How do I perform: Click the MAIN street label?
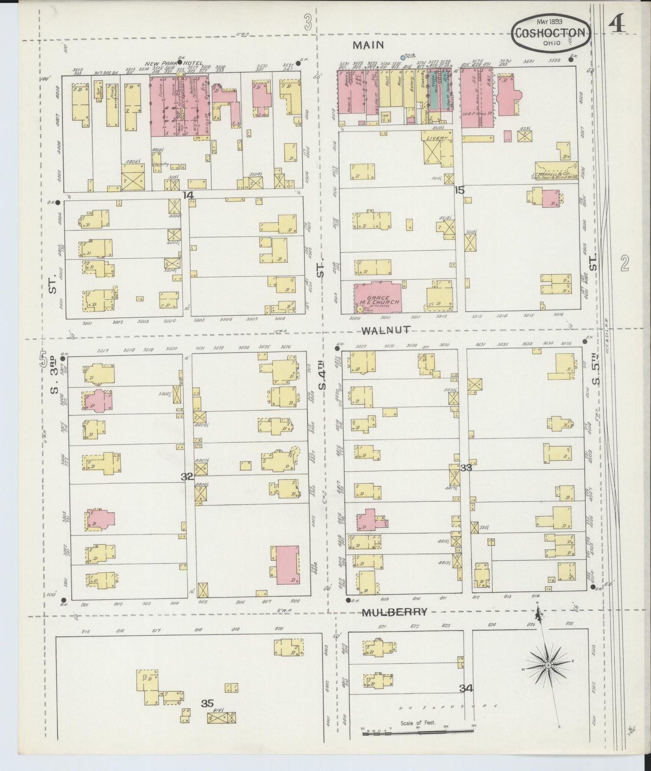coord(368,45)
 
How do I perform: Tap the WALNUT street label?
coord(386,330)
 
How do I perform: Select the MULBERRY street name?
coord(395,612)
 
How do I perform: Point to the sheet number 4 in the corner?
coord(617,25)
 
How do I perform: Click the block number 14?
coord(188,195)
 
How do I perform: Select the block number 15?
coord(459,190)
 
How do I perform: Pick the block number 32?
coord(187,477)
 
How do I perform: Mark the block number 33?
coord(466,468)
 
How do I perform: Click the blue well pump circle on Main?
coord(403,58)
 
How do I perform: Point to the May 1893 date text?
coord(552,21)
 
